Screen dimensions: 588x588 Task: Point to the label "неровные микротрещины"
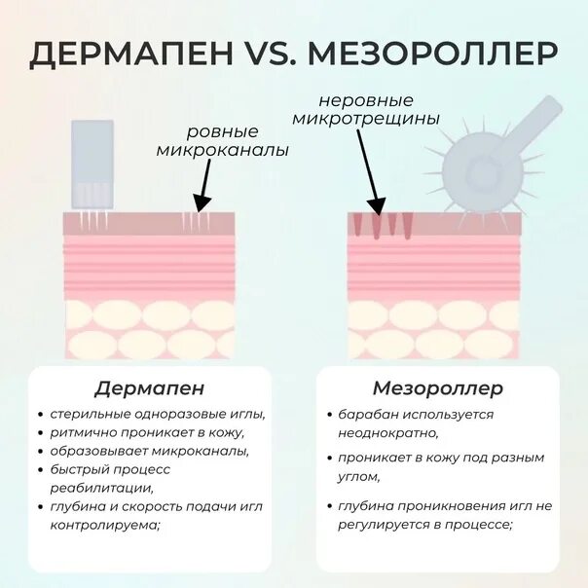point(380,109)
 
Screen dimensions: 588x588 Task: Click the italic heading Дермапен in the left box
point(149,388)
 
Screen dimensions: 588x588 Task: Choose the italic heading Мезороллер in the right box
point(438,388)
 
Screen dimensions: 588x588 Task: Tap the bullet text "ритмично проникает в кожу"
point(147,432)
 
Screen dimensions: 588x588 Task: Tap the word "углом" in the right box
point(357,477)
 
